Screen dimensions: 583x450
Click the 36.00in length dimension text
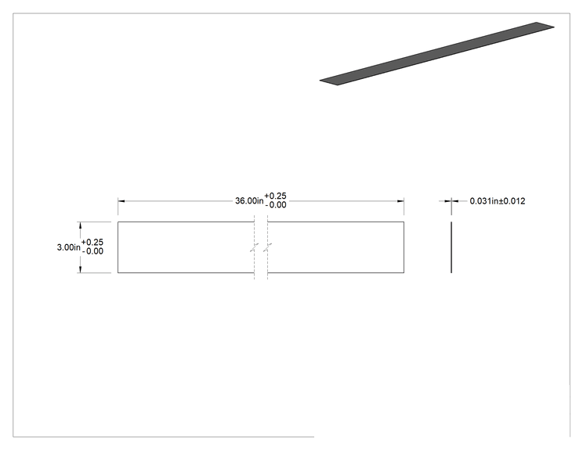249,201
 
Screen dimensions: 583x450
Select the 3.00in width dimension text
68,247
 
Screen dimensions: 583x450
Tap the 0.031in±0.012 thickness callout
498,201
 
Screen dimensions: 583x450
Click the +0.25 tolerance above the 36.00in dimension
276,196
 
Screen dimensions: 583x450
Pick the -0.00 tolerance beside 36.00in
277,205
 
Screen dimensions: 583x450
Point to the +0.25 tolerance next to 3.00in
92,243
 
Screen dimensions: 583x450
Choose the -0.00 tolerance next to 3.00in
93,251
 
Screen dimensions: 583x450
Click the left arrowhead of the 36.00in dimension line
121,201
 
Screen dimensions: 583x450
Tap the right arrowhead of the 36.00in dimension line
400,201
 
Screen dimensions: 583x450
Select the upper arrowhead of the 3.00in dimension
80,225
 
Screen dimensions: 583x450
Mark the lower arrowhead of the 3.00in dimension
80,269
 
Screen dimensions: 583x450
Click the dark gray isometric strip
437,53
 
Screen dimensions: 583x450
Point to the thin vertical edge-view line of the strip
451,247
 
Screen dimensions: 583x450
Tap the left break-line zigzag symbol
255,247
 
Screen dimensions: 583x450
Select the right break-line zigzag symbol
268,247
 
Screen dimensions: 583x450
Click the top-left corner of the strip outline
118,222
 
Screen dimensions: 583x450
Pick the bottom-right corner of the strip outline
404,273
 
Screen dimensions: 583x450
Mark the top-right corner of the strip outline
404,222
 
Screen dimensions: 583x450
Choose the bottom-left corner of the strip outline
118,273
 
